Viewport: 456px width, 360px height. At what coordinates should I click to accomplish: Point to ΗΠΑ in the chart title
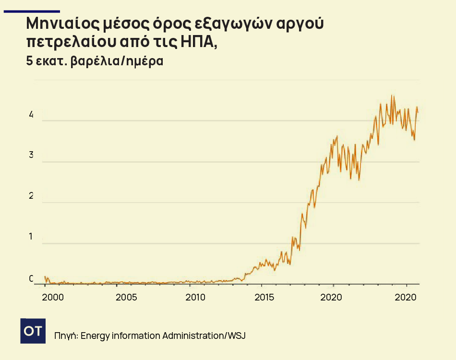click(197, 42)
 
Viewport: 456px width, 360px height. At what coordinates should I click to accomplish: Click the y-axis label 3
click(31, 155)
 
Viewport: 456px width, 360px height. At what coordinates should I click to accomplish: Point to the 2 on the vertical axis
click(31, 196)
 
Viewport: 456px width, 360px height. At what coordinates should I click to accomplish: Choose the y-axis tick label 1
click(31, 237)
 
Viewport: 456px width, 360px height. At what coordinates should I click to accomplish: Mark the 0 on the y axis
click(31, 278)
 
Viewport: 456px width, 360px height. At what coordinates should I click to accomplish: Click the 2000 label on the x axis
click(53, 297)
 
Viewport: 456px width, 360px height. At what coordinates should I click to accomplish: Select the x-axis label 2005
click(127, 297)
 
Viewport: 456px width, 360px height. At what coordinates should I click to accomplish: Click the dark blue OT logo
click(33, 331)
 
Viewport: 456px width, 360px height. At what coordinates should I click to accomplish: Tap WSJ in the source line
click(236, 335)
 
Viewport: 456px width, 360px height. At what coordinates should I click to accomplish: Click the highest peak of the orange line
click(392, 96)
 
